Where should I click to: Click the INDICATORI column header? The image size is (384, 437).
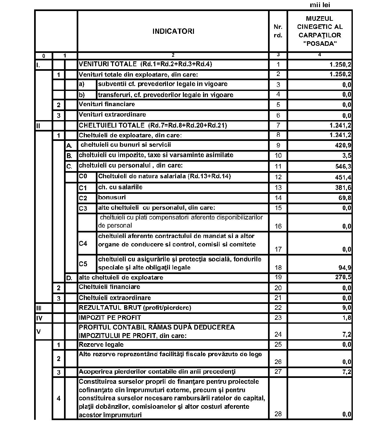point(173,31)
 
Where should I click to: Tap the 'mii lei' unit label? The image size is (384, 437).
point(320,5)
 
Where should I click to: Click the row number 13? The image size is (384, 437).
point(278,187)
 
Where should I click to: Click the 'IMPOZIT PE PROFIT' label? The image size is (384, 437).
point(110,318)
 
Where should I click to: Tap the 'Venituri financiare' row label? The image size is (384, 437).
point(107,104)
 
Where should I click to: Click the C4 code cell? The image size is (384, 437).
point(83,243)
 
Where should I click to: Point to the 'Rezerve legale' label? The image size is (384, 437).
point(101,344)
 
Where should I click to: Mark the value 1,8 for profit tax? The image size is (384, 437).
point(347,318)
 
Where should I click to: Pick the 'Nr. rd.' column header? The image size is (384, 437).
point(278,31)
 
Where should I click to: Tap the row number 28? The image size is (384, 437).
point(278,414)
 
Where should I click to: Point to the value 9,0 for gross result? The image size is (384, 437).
point(347,308)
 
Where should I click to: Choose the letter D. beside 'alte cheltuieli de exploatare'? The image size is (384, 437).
point(69,278)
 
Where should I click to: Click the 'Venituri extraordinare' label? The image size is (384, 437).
point(112,115)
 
